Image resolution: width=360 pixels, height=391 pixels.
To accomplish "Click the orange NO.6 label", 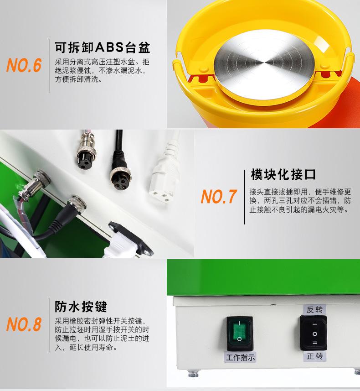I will click(24, 65).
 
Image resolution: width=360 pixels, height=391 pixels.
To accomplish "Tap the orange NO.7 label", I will click(219, 196).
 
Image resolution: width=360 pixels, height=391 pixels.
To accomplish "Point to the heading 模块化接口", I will click(283, 175).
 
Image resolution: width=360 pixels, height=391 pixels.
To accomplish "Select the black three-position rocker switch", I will click(314, 333).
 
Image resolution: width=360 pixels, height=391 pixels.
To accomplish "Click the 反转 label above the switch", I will click(314, 310).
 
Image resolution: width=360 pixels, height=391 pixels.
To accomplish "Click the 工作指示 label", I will click(240, 357).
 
